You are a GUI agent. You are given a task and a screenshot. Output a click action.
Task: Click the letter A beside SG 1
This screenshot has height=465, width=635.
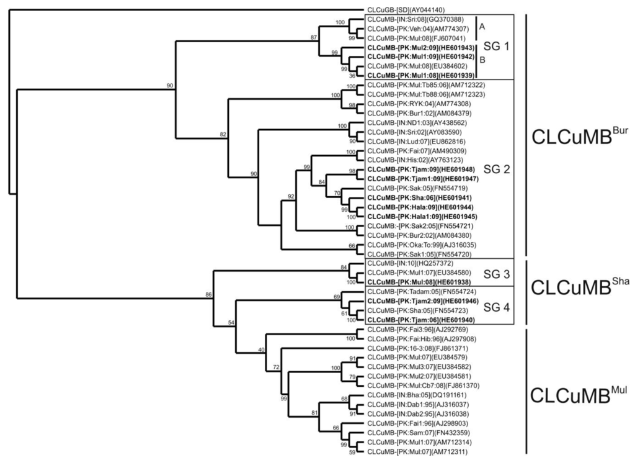click(481, 28)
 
